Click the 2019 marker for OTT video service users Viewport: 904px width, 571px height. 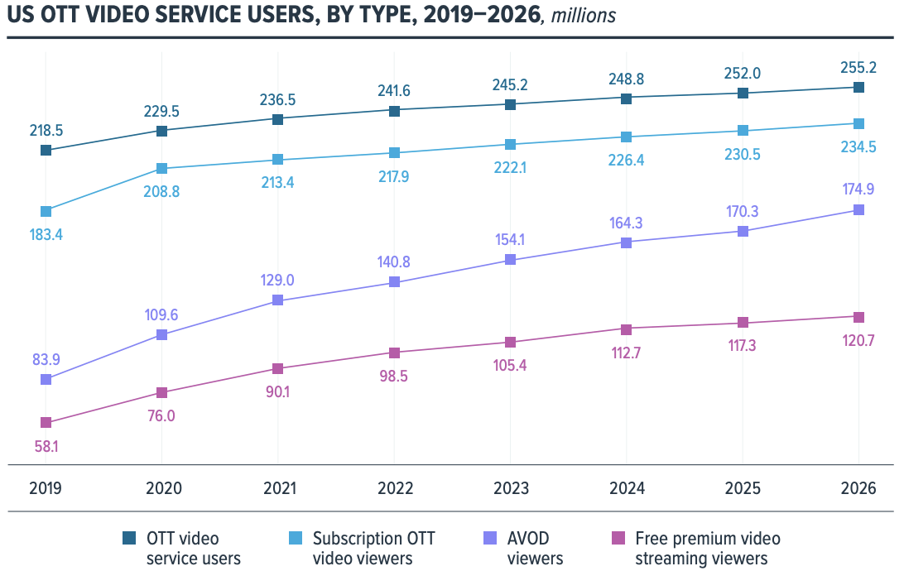point(46,150)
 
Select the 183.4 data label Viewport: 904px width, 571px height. point(46,234)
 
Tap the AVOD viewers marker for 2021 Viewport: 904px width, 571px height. point(278,300)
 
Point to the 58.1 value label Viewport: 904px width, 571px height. point(46,446)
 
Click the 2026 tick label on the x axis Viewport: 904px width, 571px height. point(858,488)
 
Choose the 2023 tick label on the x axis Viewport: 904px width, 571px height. point(510,488)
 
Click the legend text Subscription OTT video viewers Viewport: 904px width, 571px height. point(373,548)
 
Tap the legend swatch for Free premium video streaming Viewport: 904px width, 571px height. point(618,539)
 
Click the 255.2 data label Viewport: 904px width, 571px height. point(858,64)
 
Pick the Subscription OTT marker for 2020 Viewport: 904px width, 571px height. point(162,169)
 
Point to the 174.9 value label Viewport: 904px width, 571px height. point(858,188)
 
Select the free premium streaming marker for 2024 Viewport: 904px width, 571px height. point(627,330)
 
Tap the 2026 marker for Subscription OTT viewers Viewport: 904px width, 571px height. point(858,123)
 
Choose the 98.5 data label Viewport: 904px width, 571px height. point(394,376)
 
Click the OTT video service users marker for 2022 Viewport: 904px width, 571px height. point(394,110)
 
